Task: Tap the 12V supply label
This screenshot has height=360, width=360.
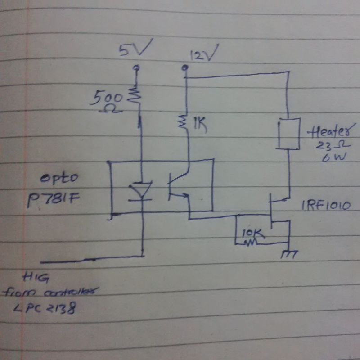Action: (203, 55)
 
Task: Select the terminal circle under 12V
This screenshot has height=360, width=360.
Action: (184, 68)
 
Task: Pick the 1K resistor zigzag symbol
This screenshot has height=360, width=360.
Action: (185, 123)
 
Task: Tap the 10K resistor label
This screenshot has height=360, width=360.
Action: (252, 234)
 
